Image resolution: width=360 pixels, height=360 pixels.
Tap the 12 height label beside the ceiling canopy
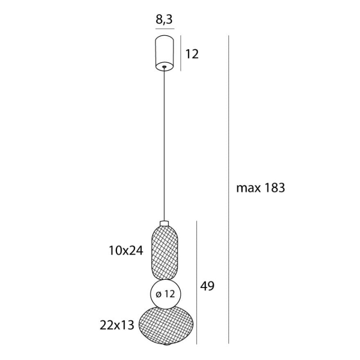tap(192, 54)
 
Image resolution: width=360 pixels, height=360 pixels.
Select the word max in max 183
tap(248, 188)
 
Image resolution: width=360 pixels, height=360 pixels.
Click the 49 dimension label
tap(207, 286)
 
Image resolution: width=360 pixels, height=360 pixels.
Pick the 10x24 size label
tap(126, 251)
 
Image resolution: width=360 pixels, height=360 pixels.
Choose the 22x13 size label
tap(117, 325)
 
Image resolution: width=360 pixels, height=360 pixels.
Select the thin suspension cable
tap(165, 143)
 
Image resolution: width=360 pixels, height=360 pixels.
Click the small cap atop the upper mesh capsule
tap(164, 223)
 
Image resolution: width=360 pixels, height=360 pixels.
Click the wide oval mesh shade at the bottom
tap(165, 325)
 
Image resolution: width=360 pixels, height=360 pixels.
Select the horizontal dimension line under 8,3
tap(165, 29)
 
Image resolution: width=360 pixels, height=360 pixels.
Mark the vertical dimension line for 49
tap(197, 282)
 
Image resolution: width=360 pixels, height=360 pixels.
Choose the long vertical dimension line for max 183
tap(229, 188)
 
